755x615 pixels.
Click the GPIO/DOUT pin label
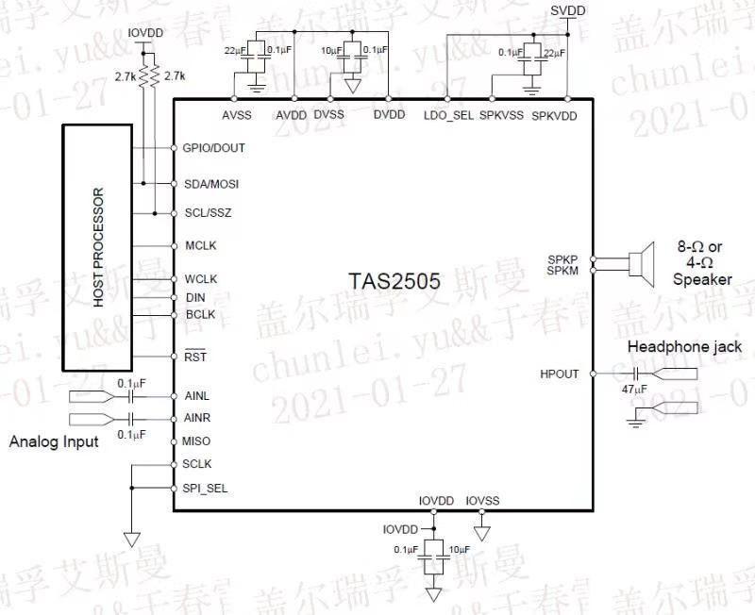click(x=214, y=148)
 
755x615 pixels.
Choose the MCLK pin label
click(x=201, y=245)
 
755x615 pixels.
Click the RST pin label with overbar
click(x=194, y=356)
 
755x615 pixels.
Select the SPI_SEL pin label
click(x=206, y=488)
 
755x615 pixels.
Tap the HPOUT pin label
click(x=560, y=374)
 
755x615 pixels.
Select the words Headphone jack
click(x=684, y=346)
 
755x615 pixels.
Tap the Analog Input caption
click(x=54, y=441)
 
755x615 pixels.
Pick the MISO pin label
click(x=197, y=440)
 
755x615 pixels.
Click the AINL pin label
click(x=197, y=396)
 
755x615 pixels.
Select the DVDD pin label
click(x=389, y=115)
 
